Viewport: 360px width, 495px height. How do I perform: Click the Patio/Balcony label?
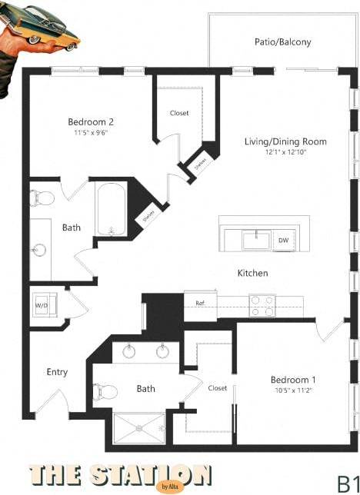coord(282,42)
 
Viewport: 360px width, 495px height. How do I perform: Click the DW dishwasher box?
coord(283,240)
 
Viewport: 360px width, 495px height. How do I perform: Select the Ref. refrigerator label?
coord(199,303)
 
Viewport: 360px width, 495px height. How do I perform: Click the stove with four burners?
coord(262,306)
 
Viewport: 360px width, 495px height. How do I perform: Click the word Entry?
coord(57,372)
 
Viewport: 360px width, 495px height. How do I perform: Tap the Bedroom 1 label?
coord(293,380)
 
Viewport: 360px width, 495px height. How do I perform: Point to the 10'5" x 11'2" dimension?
coord(293,390)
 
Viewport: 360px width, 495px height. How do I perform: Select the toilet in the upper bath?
coord(42,198)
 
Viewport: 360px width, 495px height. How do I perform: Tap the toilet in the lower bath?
coord(106,392)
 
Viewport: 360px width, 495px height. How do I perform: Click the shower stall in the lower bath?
coord(138,428)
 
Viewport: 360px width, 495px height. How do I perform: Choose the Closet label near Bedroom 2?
coord(179,114)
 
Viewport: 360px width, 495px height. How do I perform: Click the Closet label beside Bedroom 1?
coord(218,388)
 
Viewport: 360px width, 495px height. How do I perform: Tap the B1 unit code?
coord(347,483)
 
